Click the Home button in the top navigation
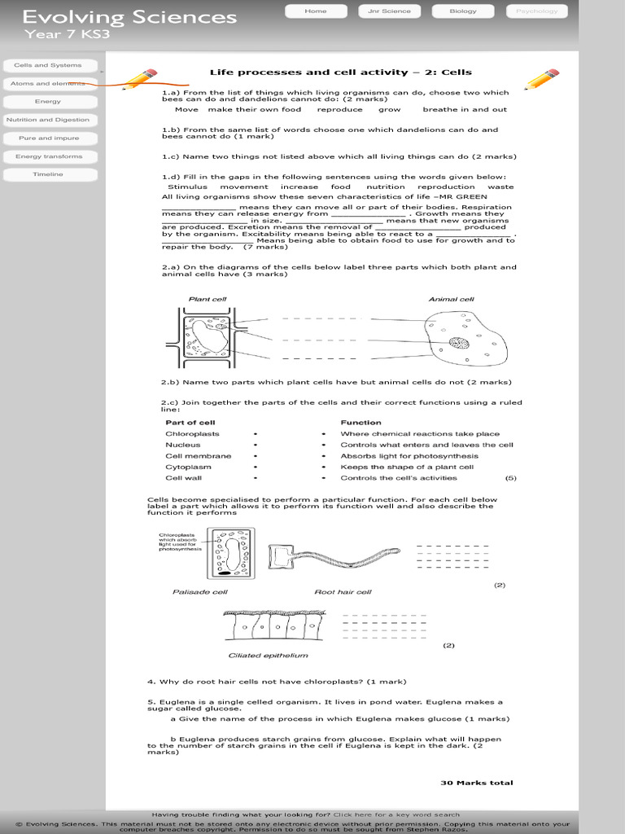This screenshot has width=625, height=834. click(x=315, y=11)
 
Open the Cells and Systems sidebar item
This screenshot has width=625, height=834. click(x=48, y=65)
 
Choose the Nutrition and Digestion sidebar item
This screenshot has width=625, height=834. click(x=48, y=120)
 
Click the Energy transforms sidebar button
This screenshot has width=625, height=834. click(x=48, y=156)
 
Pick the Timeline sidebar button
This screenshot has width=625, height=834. click(x=48, y=174)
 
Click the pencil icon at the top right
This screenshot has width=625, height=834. click(x=540, y=80)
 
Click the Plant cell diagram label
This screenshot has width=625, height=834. click(x=208, y=299)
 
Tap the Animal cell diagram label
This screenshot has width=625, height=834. click(x=451, y=299)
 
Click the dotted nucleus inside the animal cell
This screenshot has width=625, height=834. click(x=460, y=343)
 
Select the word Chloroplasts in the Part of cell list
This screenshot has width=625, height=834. click(x=192, y=434)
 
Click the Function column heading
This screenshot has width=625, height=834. click(x=361, y=423)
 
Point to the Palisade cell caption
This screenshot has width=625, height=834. click(x=199, y=592)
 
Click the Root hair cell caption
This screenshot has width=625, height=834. click(x=343, y=592)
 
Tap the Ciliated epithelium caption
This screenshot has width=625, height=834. click(x=268, y=655)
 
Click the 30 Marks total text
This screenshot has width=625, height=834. click(x=477, y=783)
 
